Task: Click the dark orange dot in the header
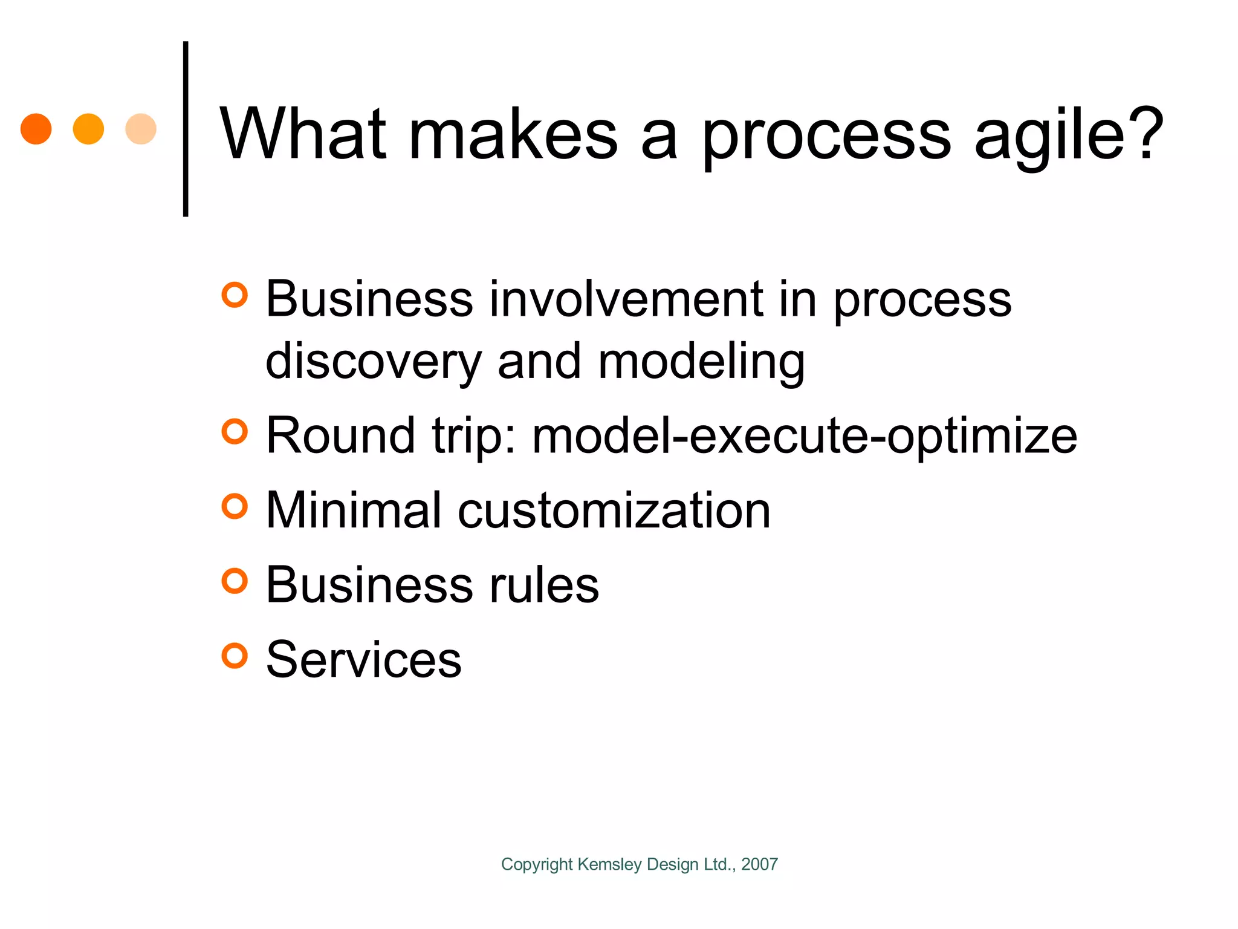[x=36, y=129]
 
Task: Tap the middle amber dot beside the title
[x=88, y=129]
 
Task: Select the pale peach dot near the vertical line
[x=141, y=129]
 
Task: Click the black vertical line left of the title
[x=186, y=129]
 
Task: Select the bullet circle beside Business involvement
[x=235, y=295]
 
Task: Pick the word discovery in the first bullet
[x=373, y=362]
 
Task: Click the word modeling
[x=701, y=362]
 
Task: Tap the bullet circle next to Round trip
[x=235, y=432]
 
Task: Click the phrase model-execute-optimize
[x=804, y=435]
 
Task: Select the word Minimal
[x=354, y=510]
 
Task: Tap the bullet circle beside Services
[x=235, y=656]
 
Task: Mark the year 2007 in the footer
[x=759, y=864]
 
